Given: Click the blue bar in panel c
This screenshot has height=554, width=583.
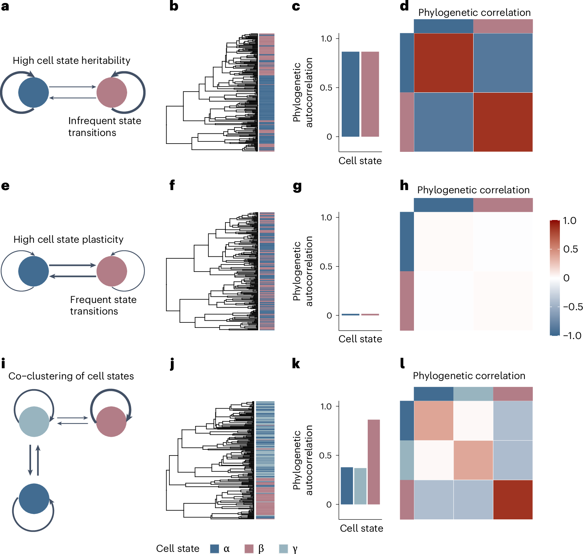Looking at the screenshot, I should [x=350, y=94].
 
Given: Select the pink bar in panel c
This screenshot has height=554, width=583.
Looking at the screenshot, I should [x=370, y=94].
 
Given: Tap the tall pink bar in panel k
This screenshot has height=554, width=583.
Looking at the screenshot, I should [x=373, y=462].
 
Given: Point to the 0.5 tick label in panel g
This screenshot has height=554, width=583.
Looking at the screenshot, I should [x=326, y=267].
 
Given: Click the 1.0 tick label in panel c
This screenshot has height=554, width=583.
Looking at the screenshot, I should [x=326, y=39].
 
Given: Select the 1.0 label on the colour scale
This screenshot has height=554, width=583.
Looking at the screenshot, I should [x=570, y=221].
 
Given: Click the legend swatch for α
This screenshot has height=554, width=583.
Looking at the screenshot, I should [x=215, y=549].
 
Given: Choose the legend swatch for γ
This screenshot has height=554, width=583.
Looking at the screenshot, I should [x=284, y=549].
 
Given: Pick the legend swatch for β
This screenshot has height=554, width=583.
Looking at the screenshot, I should [x=249, y=549].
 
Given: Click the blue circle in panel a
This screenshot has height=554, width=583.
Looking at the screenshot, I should [x=34, y=93].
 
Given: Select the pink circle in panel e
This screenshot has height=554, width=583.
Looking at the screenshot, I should [x=112, y=271].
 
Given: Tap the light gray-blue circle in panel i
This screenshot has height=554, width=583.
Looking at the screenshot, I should [x=34, y=422].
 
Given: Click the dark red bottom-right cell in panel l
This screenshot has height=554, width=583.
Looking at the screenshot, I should [x=513, y=500].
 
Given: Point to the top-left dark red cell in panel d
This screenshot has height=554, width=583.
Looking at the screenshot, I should [x=443, y=63].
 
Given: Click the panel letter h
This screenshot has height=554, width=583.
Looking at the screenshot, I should [x=404, y=185].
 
